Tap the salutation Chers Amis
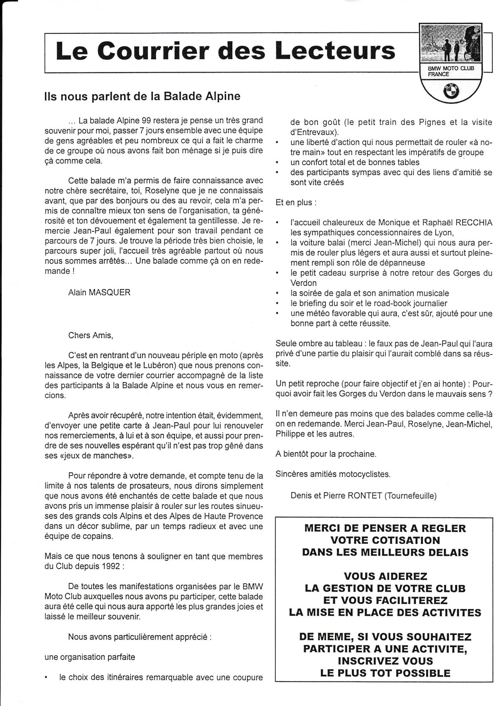91,335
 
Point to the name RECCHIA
474,223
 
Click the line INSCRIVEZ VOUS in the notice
385,661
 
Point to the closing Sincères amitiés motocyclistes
333,474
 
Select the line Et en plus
293,203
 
